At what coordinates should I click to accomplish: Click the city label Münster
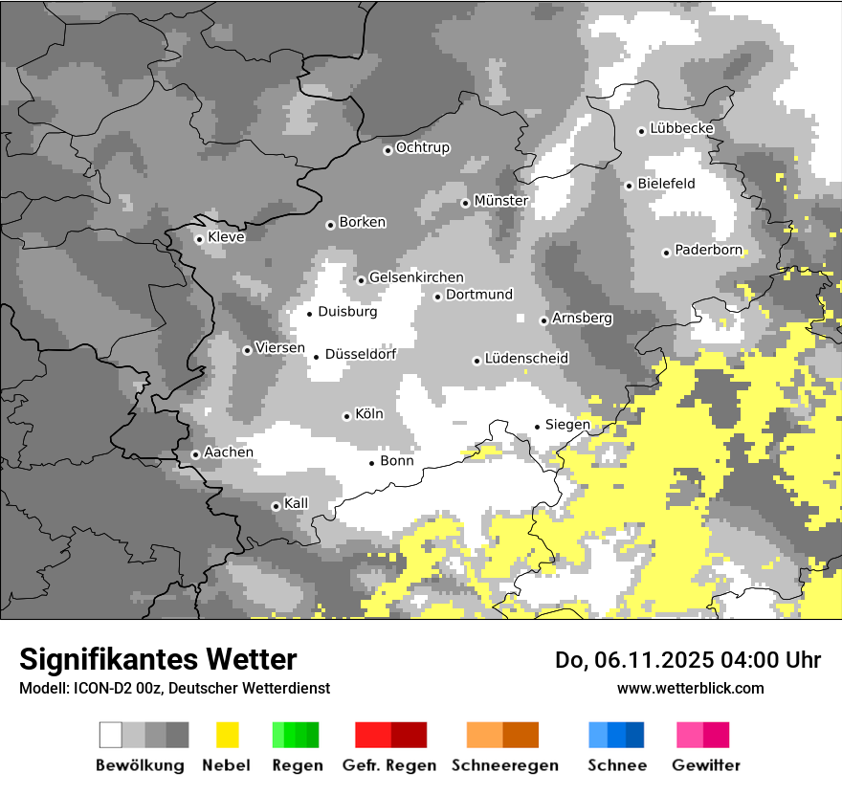click(500, 201)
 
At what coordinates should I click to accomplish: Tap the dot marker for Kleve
click(199, 239)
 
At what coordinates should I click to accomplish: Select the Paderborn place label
click(708, 250)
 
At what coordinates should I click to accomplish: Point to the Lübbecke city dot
click(642, 131)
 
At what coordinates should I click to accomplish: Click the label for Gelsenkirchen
click(416, 277)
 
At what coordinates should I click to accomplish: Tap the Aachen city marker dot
click(195, 454)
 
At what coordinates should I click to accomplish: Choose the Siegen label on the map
click(567, 424)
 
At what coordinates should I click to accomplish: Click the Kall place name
click(297, 503)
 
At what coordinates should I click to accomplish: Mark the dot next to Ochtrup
click(388, 149)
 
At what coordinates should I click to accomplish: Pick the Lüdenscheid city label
click(526, 359)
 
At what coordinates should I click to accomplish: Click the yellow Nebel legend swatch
click(227, 735)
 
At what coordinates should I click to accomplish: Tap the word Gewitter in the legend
click(705, 765)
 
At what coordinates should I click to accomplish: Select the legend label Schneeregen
click(504, 765)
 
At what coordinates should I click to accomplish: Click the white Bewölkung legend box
click(110, 735)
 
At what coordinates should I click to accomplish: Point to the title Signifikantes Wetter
click(158, 659)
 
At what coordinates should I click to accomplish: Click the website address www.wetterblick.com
click(690, 688)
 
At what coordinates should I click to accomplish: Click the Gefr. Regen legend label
click(388, 765)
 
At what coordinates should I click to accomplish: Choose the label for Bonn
click(397, 461)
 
